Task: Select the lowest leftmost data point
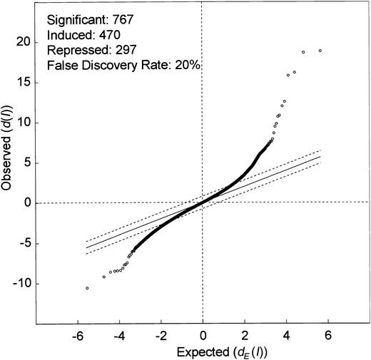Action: click(87, 288)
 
